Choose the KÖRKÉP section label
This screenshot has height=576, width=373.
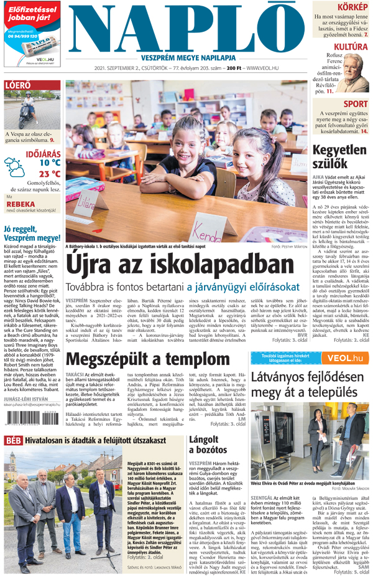[x=352, y=7]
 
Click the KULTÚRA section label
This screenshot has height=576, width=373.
[x=350, y=47]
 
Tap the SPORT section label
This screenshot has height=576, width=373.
[x=355, y=104]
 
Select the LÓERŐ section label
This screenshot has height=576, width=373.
[x=17, y=85]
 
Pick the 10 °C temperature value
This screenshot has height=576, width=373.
[x=49, y=163]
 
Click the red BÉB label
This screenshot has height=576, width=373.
[x=12, y=440]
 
